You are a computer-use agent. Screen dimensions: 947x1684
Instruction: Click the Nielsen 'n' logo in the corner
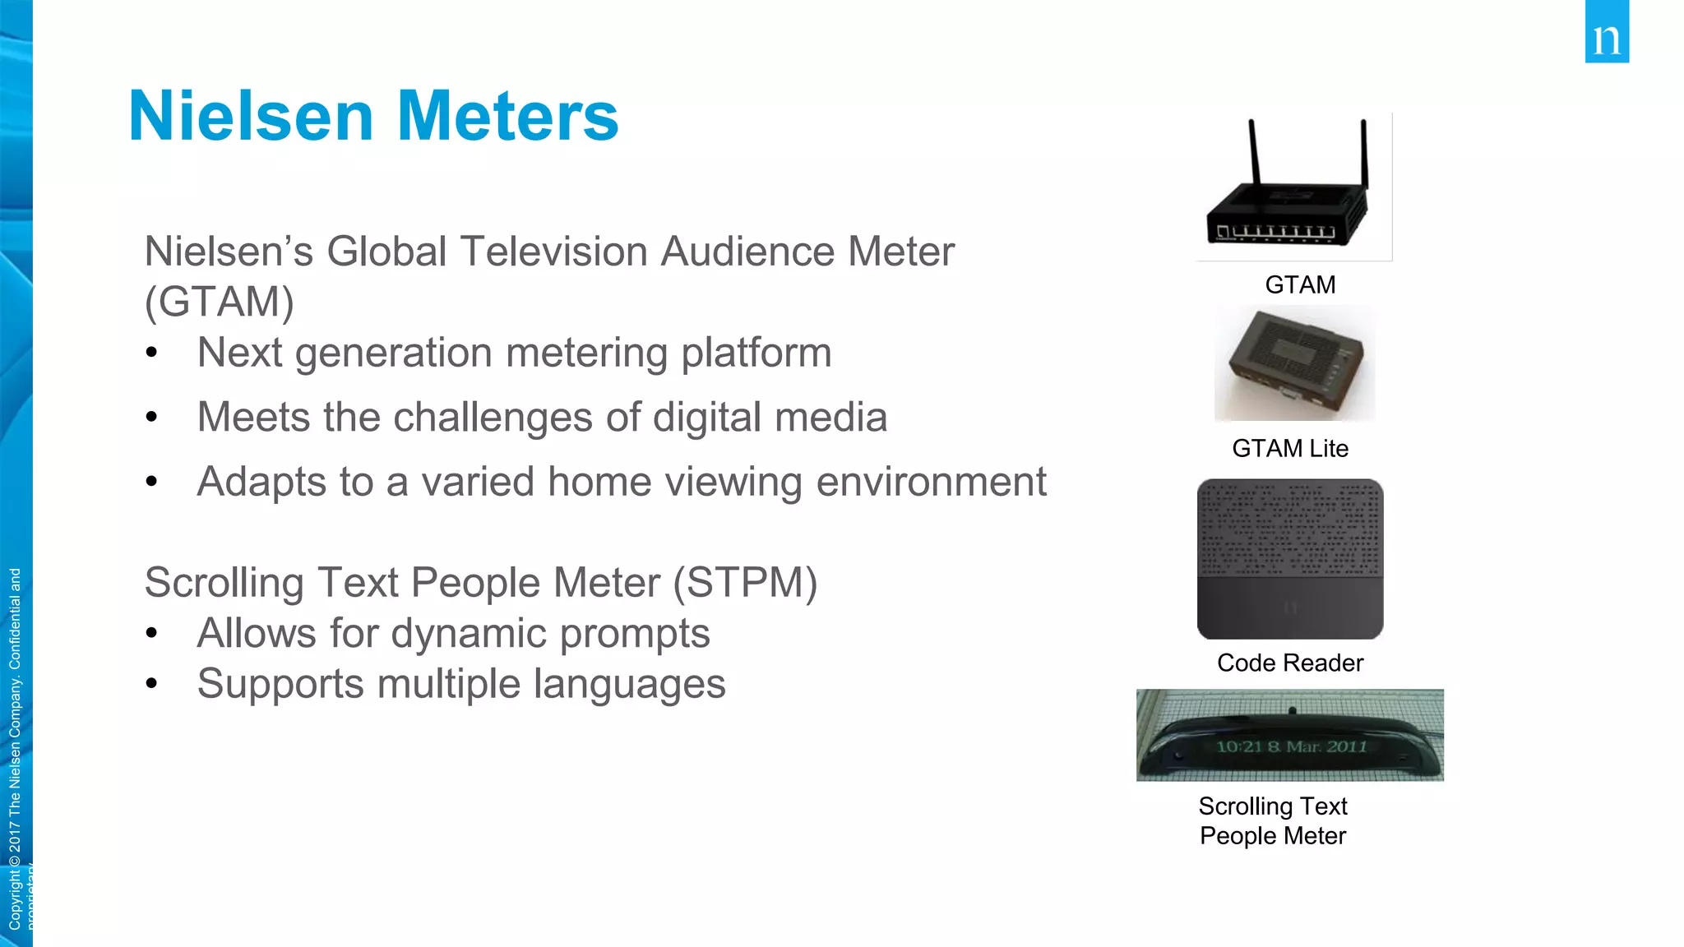click(x=1607, y=33)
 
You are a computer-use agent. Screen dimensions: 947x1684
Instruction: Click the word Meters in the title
click(x=507, y=117)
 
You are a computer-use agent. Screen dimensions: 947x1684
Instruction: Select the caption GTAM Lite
click(x=1290, y=448)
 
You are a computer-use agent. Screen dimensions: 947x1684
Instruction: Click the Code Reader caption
click(x=1290, y=663)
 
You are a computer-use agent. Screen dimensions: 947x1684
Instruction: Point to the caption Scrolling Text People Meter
click(x=1273, y=820)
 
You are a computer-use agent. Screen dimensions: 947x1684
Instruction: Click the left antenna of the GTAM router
click(x=1254, y=152)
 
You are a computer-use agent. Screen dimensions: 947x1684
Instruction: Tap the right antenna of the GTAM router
click(x=1363, y=152)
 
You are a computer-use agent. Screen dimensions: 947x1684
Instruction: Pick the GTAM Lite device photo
click(x=1294, y=364)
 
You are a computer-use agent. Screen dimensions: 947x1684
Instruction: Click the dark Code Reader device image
click(x=1290, y=559)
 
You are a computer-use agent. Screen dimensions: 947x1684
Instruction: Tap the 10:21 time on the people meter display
click(x=1238, y=746)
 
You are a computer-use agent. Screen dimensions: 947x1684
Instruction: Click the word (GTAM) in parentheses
click(x=219, y=302)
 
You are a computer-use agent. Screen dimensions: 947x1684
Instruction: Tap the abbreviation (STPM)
click(x=745, y=583)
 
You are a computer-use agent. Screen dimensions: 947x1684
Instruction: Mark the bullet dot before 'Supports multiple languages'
click(x=151, y=683)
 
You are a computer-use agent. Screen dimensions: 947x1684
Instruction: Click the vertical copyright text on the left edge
click(x=15, y=748)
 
